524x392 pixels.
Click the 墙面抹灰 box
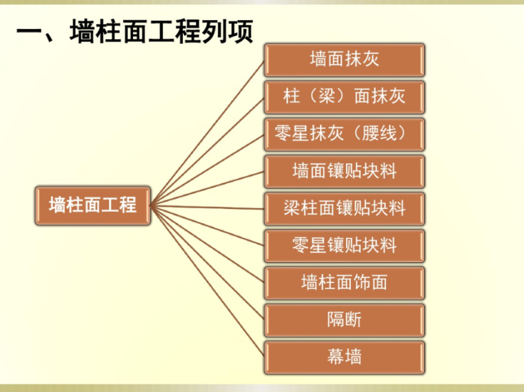[x=344, y=59]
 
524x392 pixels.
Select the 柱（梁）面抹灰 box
[x=344, y=97]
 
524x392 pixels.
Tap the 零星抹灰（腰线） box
[x=344, y=134]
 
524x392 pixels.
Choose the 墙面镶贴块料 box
[x=344, y=171]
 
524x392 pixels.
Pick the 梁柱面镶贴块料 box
[x=344, y=208]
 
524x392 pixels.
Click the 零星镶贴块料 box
[x=344, y=246]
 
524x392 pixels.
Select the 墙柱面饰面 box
[x=344, y=283]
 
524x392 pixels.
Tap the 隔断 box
[x=344, y=320]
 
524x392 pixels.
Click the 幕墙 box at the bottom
[x=344, y=357]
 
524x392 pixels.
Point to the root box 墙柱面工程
[x=92, y=205]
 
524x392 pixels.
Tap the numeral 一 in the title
[x=31, y=32]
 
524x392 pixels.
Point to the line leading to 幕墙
[x=207, y=281]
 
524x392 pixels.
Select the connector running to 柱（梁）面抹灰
[x=207, y=151]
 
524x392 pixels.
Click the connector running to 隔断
[x=207, y=262]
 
